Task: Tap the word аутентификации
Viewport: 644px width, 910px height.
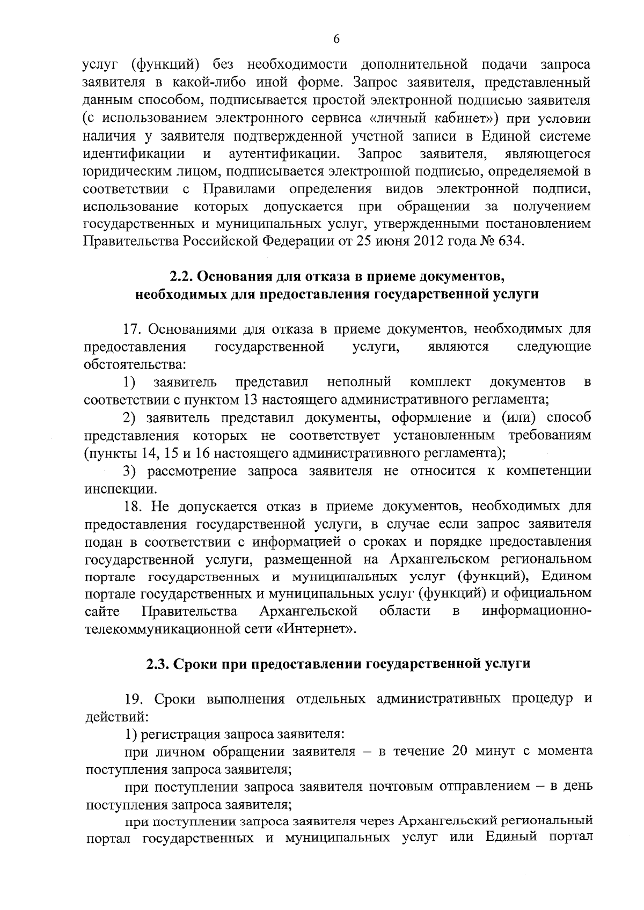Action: point(284,154)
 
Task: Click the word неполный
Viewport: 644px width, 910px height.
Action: point(358,382)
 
